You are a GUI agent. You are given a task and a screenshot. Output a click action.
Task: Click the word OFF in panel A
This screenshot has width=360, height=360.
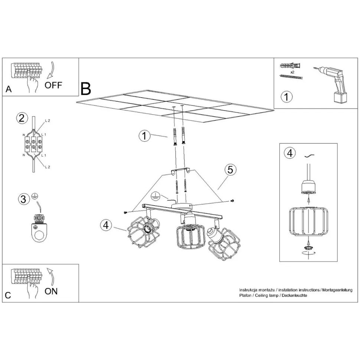[x=53, y=85]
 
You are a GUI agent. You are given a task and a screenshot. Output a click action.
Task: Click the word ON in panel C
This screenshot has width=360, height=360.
[x=51, y=291]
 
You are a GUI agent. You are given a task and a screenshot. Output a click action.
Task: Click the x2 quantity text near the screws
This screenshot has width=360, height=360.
[x=292, y=72]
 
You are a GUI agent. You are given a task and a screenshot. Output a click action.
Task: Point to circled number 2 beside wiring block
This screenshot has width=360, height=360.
[x=22, y=118]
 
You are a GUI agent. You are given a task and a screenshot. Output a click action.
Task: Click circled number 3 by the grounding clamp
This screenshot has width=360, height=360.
[x=23, y=199]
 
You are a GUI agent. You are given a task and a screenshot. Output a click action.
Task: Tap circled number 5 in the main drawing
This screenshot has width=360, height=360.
[x=230, y=170]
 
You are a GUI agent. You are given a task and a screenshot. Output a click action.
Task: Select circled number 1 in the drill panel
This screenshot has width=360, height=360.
[x=287, y=96]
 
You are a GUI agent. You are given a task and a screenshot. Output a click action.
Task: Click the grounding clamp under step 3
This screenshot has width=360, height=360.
[x=39, y=228]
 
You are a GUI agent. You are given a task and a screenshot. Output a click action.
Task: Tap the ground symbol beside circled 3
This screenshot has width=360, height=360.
[x=35, y=196]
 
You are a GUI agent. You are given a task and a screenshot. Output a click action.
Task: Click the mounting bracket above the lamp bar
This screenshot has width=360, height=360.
[x=181, y=171]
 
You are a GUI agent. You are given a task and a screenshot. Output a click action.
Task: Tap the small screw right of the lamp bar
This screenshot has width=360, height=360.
[x=232, y=201]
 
